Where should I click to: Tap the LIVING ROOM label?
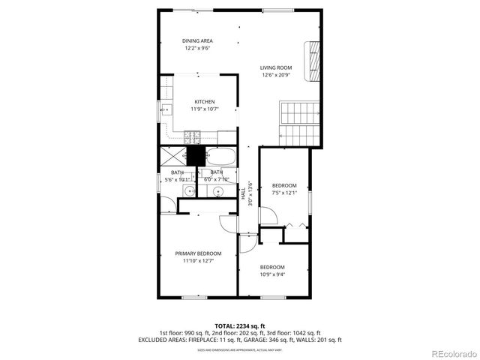pos(276,67)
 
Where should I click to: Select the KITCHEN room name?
pos(205,102)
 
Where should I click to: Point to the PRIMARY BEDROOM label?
pos(199,253)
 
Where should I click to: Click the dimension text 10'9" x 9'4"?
pos(272,274)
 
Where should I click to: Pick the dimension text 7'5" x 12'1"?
pos(284,193)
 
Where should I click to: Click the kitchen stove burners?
pos(192,137)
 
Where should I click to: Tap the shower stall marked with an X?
pos(172,157)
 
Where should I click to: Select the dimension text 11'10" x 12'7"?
pos(199,261)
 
